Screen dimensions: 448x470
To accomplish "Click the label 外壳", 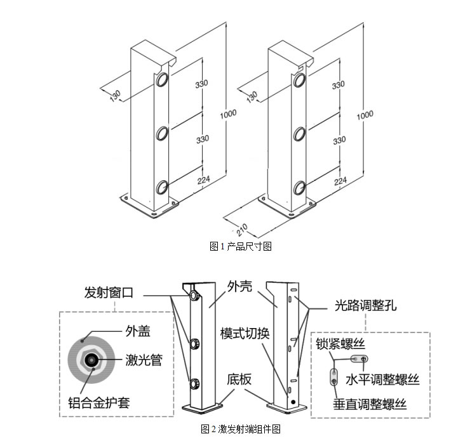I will [239, 286].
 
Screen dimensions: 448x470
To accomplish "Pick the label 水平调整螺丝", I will [382, 379].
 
